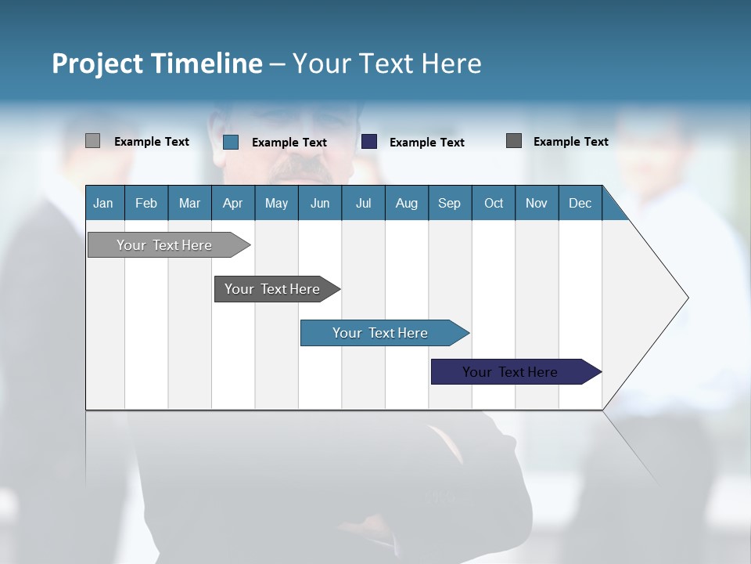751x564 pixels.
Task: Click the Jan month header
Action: pos(103,203)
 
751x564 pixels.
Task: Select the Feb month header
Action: pos(146,203)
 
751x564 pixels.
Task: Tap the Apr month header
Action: pos(232,203)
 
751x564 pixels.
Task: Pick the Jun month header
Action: pos(320,203)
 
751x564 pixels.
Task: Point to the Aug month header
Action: pos(406,203)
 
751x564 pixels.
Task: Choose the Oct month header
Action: pos(494,203)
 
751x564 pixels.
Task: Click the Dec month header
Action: pos(580,203)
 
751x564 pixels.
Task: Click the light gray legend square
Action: pos(92,141)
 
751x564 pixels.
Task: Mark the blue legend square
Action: pos(231,142)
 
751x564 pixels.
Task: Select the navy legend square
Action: pos(369,142)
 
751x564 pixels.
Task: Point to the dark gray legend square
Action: pos(514,141)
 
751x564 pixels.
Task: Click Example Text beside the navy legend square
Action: pos(426,143)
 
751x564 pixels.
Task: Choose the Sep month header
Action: pos(449,203)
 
